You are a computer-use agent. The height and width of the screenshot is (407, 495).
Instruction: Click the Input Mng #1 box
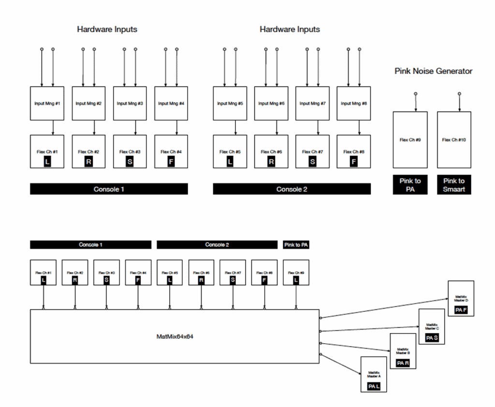47,103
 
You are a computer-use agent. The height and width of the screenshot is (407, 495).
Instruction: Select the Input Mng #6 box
271,103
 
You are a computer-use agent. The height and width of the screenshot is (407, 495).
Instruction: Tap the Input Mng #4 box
171,103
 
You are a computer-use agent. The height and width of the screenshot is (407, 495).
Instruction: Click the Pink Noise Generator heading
433,71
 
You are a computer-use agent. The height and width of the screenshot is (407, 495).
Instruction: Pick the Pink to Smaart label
454,185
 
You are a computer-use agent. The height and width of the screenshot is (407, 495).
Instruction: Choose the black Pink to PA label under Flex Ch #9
410,185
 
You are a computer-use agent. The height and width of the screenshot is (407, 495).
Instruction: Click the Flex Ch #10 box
454,140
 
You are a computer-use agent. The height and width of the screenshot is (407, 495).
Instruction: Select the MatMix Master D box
461,298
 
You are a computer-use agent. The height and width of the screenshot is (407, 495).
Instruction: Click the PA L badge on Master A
374,387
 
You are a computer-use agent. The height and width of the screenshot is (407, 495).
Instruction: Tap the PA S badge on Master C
432,338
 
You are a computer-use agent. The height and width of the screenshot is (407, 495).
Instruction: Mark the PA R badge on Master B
403,363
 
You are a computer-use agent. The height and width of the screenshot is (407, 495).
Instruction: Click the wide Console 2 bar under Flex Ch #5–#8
291,189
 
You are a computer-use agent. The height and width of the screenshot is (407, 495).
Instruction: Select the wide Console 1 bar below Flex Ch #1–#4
109,189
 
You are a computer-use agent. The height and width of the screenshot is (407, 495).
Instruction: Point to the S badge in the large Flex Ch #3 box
130,162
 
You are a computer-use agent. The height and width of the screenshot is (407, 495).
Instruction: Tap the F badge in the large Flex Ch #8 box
354,162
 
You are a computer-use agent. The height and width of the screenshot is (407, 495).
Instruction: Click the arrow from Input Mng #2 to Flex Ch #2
94,128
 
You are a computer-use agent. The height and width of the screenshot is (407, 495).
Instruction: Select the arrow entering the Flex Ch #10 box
459,102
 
